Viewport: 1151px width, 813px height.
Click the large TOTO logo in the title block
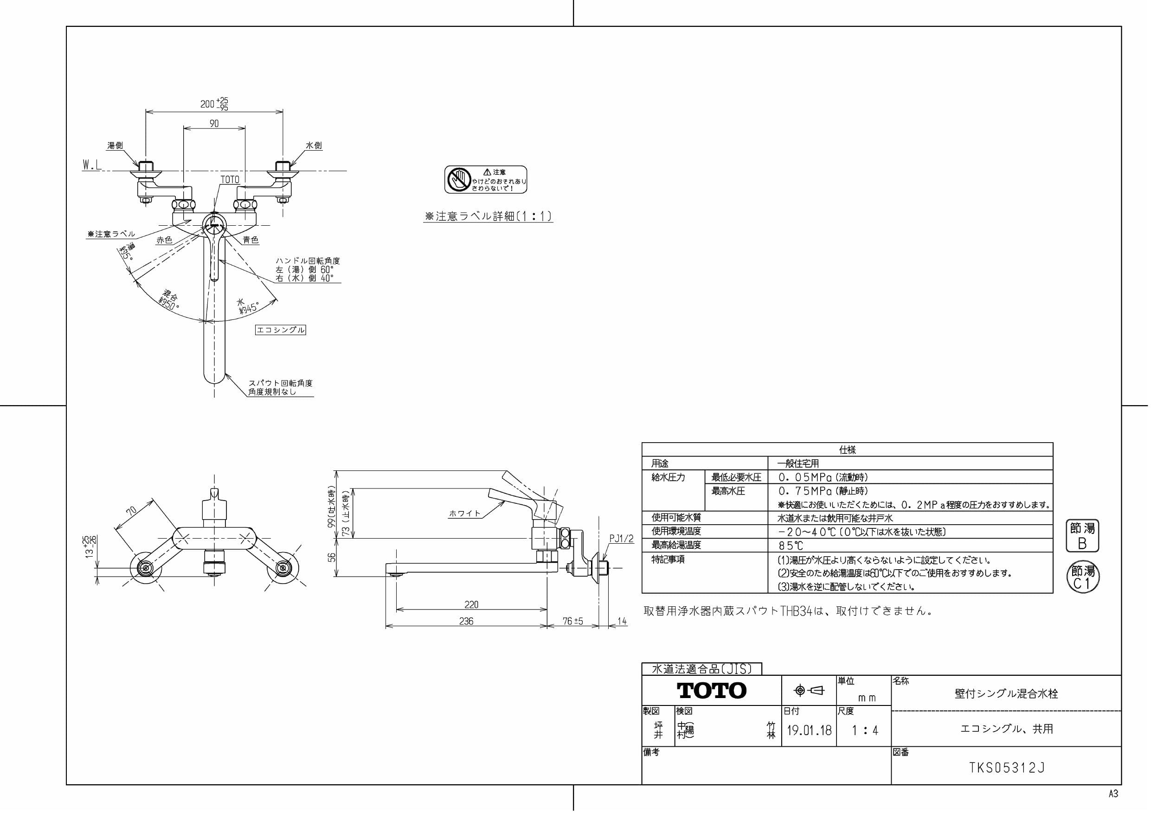click(x=711, y=691)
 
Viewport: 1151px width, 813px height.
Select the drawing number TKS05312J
click(x=1007, y=768)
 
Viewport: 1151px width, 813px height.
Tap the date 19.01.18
click(x=809, y=730)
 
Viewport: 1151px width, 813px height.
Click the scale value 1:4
click(x=865, y=730)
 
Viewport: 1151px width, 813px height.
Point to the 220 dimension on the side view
click(x=471, y=604)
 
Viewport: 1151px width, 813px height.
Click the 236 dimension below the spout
click(x=466, y=621)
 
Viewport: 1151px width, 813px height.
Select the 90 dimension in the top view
click(x=214, y=124)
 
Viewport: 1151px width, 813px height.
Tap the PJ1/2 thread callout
click(x=621, y=539)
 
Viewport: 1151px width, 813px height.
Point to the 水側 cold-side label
click(x=314, y=146)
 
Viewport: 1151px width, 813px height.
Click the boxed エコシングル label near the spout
click(x=280, y=330)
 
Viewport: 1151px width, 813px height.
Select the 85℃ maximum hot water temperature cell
click(x=791, y=546)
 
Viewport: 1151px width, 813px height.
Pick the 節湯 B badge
click(x=1082, y=535)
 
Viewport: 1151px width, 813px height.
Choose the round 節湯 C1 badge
click(x=1082, y=577)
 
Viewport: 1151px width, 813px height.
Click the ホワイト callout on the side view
click(x=464, y=514)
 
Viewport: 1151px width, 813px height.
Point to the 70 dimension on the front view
click(x=131, y=511)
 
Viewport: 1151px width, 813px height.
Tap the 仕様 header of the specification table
click(x=847, y=450)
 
